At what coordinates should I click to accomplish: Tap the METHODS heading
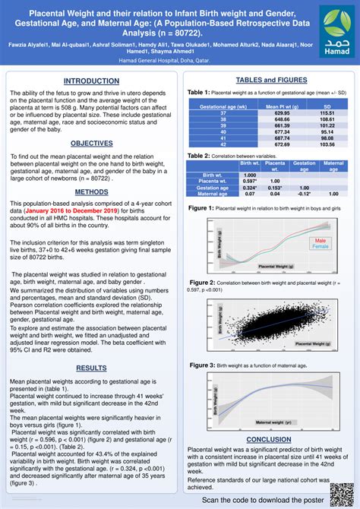click(x=91, y=192)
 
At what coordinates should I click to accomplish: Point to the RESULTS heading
click(x=91, y=368)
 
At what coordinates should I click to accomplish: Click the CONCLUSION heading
click(x=269, y=439)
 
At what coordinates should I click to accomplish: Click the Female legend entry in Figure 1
click(x=320, y=246)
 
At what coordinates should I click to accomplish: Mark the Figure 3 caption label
click(x=201, y=365)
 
